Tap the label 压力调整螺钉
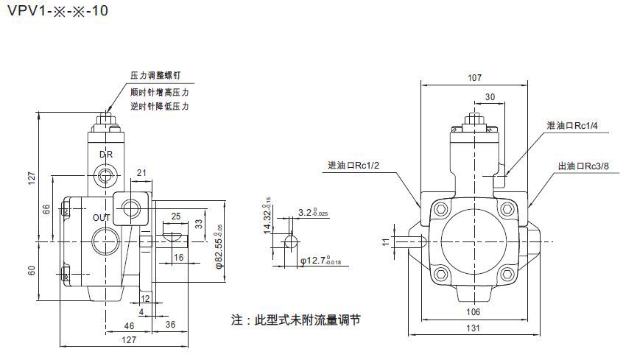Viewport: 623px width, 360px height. pyautogui.click(x=155, y=76)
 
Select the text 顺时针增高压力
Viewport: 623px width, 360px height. pyautogui.click(x=159, y=92)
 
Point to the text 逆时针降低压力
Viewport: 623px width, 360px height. pyautogui.click(x=159, y=107)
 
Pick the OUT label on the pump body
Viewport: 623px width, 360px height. pyautogui.click(x=101, y=218)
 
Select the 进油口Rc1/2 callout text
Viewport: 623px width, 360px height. pyautogui.click(x=353, y=164)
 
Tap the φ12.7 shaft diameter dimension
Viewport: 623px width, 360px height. pyautogui.click(x=320, y=260)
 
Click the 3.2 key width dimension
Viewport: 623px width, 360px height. pyautogui.click(x=314, y=213)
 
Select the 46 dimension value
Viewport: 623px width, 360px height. pyautogui.click(x=129, y=325)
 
